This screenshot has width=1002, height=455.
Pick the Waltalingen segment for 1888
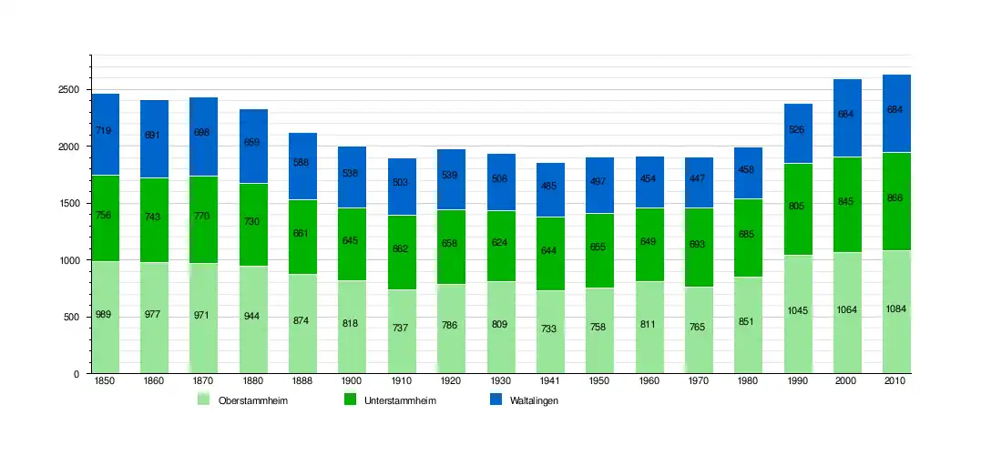pyautogui.click(x=302, y=167)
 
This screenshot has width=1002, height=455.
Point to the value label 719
pyautogui.click(x=105, y=131)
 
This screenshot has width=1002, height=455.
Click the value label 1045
pyautogui.click(x=798, y=310)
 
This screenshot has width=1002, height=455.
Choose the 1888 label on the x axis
pyautogui.click(x=302, y=381)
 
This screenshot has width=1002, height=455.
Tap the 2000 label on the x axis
pyautogui.click(x=847, y=381)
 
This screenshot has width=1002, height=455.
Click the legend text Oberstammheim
pyautogui.click(x=253, y=400)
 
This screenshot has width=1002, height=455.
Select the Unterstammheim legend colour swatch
pyautogui.click(x=351, y=399)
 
